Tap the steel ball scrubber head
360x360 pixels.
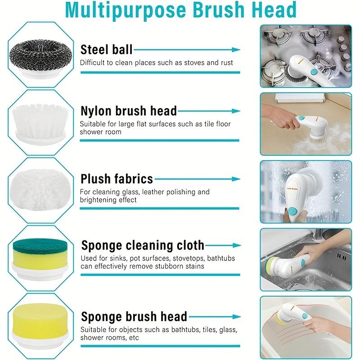(38, 52)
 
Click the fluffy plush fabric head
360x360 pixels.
(38, 188)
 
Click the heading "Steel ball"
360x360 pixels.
(106, 49)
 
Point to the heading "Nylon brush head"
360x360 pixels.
(129, 111)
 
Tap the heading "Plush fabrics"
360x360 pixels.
(117, 179)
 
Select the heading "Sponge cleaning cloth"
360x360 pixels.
(143, 246)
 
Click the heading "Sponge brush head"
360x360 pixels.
(134, 316)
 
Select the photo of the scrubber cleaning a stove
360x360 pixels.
(306, 56)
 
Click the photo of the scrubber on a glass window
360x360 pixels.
(306, 192)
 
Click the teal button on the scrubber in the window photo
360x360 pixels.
(292, 211)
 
